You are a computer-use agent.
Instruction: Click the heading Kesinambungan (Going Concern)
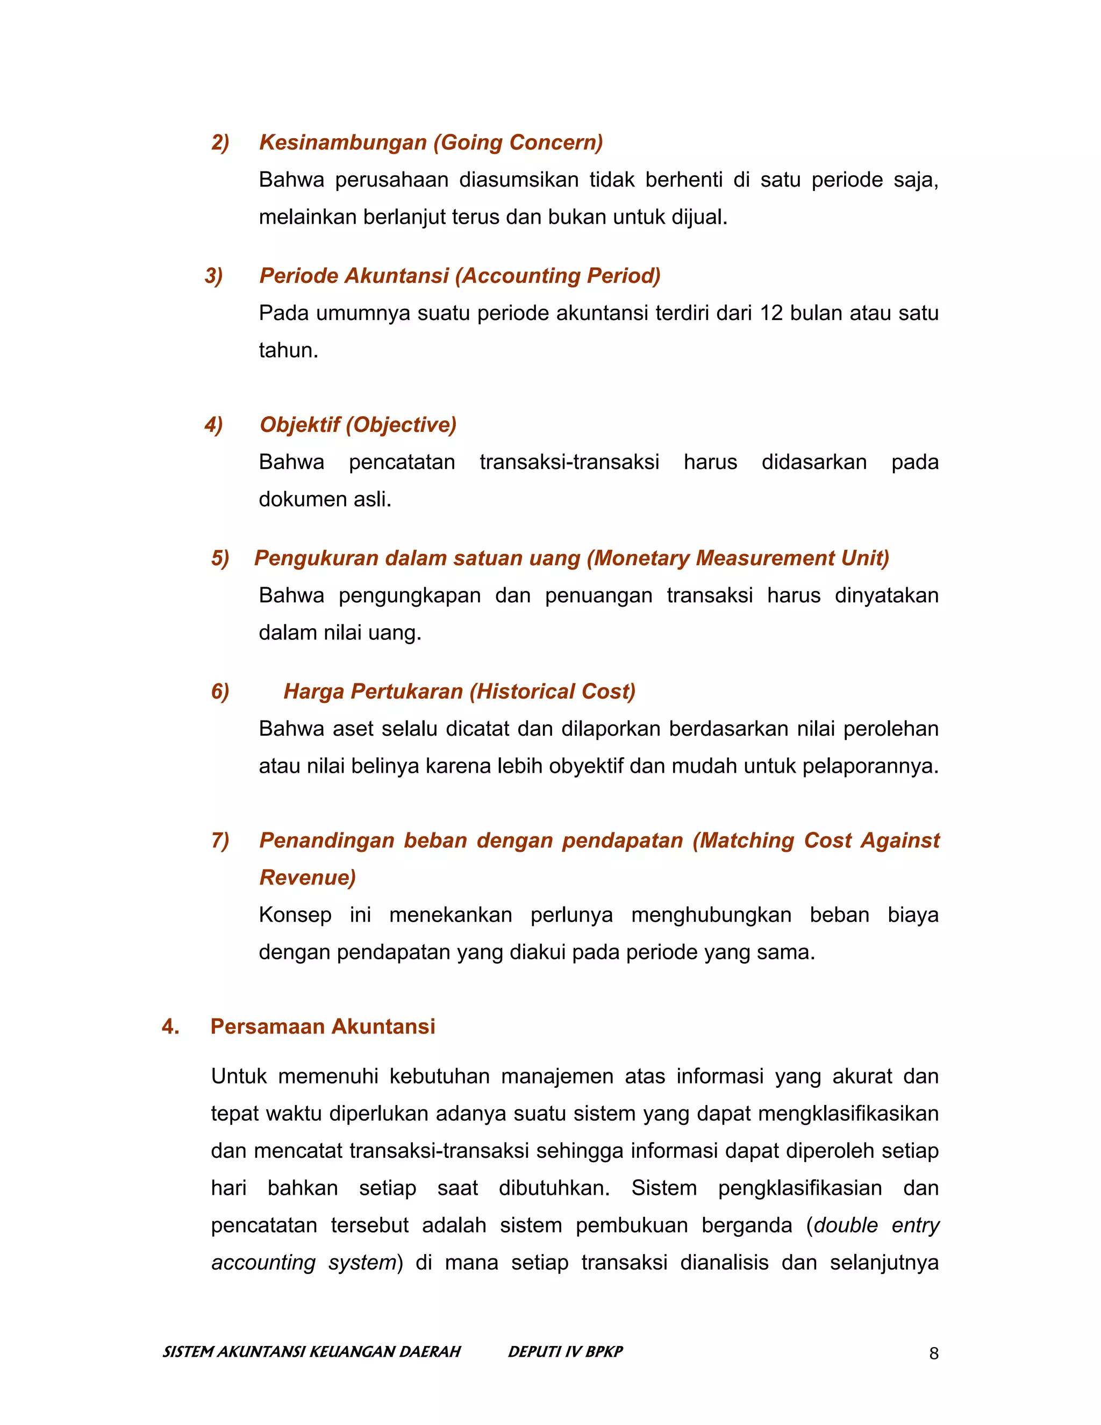click(x=431, y=142)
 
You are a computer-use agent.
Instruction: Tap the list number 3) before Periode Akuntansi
click(x=213, y=275)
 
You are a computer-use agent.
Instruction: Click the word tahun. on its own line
click(x=288, y=351)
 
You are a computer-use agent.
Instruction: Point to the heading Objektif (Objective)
click(x=358, y=425)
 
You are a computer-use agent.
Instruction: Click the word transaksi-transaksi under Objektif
click(x=569, y=462)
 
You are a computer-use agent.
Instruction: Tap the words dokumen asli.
click(x=325, y=499)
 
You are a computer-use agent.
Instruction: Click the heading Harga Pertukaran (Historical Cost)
click(x=459, y=692)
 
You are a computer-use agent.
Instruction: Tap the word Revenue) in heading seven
click(x=307, y=878)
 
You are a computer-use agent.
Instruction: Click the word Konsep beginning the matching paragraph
click(x=295, y=915)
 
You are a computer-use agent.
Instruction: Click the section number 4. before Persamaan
click(x=170, y=1027)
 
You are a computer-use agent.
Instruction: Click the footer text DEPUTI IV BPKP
click(x=565, y=1351)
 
